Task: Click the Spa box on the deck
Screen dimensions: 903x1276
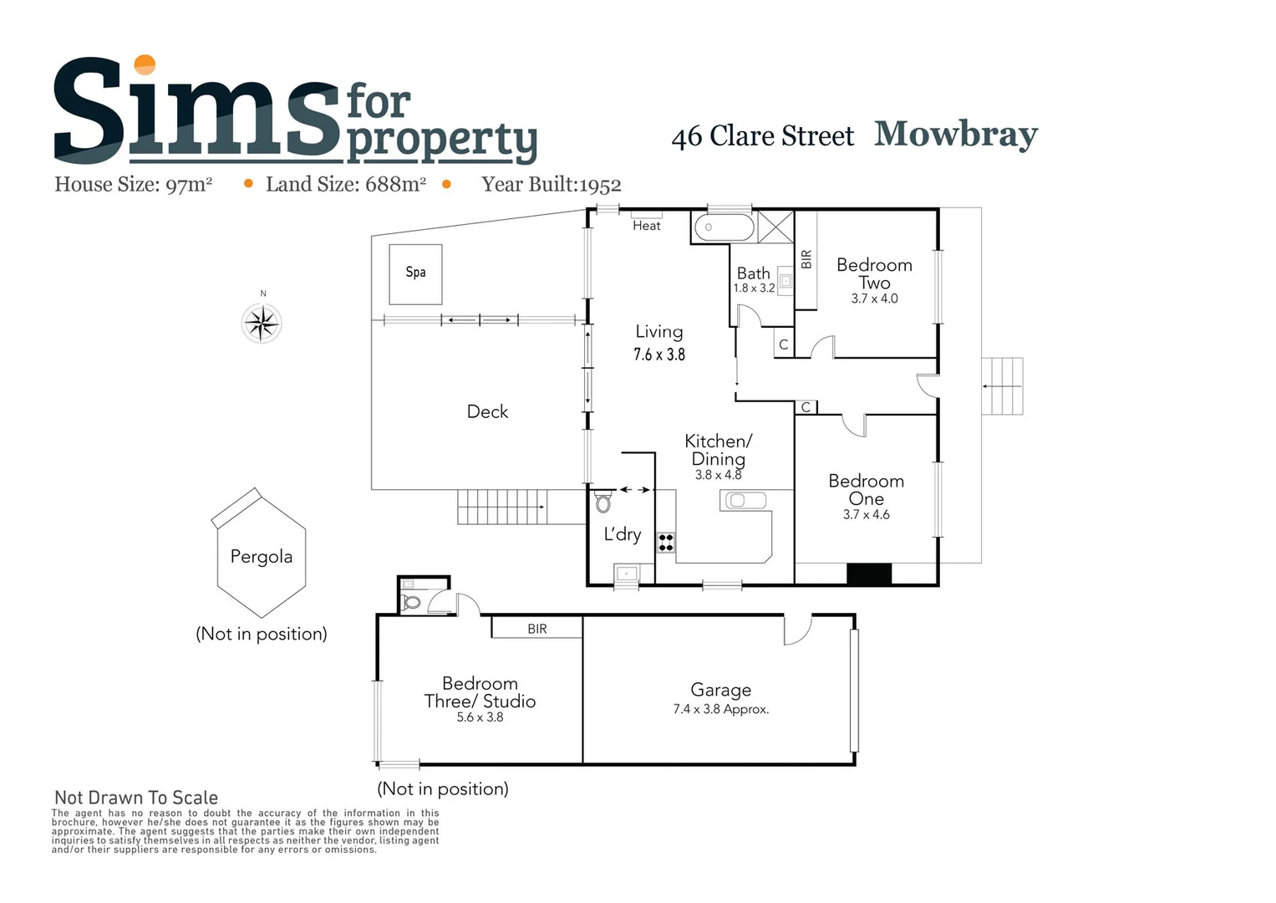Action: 415,273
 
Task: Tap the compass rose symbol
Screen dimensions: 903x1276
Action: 262,323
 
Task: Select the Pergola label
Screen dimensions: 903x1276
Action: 262,557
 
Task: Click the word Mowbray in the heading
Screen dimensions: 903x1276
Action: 956,134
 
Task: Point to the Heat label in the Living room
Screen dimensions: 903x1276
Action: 646,226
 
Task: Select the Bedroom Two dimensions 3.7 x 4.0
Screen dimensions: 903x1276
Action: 874,298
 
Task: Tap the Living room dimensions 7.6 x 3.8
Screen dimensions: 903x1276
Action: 659,355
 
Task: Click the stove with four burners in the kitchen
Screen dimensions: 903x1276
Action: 666,542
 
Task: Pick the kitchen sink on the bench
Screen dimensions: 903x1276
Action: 744,501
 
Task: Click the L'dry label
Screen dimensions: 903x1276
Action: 623,534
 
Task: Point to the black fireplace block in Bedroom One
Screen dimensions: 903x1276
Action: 869,574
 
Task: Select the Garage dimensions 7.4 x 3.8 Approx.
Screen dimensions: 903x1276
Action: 721,709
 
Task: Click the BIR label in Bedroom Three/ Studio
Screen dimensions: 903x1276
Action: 537,629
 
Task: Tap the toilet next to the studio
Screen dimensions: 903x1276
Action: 411,601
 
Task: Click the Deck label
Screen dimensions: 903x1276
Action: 487,411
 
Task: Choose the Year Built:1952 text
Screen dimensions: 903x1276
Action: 551,185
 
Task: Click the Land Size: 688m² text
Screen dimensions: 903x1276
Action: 346,185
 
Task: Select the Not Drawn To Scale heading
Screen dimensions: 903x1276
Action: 136,798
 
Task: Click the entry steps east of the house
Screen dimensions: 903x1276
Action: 1002,386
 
